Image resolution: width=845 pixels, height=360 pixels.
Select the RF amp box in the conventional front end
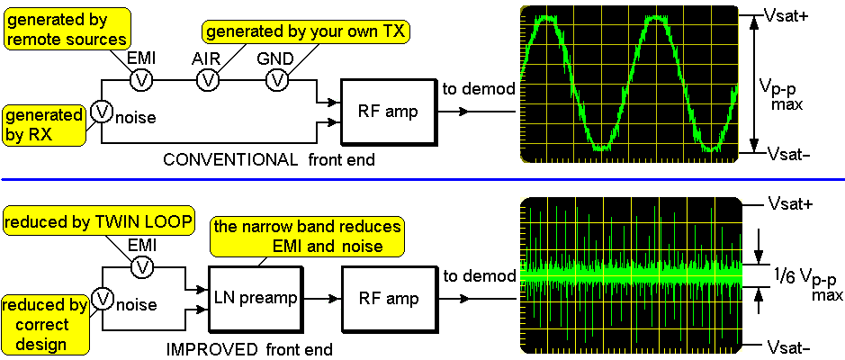[386, 111]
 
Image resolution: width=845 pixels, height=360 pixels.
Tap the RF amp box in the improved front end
[386, 298]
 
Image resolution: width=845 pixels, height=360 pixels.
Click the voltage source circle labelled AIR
[209, 80]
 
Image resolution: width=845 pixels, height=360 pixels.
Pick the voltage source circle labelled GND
[277, 80]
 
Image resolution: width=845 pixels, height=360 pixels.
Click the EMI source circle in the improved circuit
[139, 267]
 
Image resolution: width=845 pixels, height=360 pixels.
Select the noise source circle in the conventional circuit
[102, 111]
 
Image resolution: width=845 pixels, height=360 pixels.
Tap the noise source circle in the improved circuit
[102, 298]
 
